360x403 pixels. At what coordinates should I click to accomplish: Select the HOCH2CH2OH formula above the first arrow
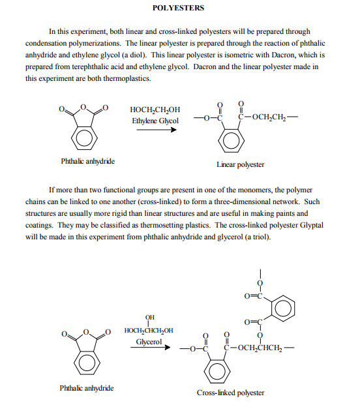click(x=156, y=110)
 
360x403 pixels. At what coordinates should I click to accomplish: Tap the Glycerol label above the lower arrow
click(x=149, y=341)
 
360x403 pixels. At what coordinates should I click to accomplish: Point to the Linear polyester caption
click(x=240, y=164)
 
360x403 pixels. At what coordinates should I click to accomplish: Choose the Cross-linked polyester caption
click(x=231, y=393)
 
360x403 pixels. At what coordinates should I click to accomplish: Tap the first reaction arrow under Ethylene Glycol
click(x=155, y=129)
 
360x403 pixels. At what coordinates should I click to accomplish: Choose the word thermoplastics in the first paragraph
click(x=128, y=78)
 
